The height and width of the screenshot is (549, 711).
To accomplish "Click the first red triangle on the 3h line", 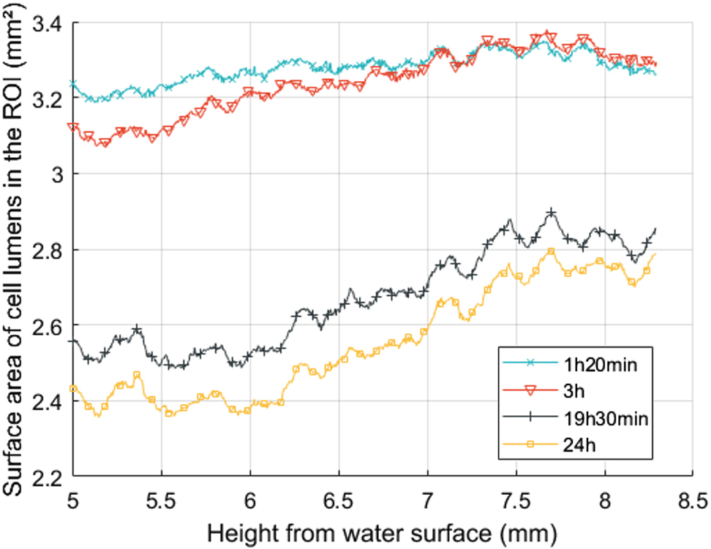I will (72, 128).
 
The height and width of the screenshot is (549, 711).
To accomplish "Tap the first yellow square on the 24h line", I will (72, 389).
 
